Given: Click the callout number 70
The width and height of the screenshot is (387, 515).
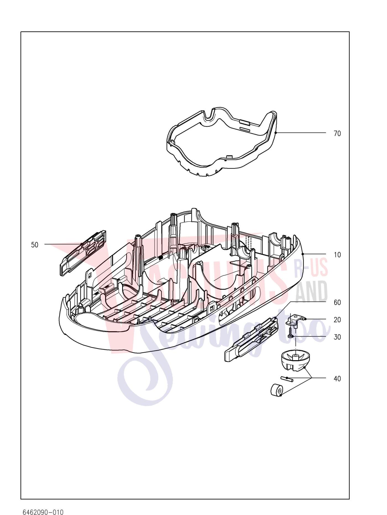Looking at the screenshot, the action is tap(337, 134).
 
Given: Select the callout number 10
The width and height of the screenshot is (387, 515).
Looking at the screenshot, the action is tap(337, 255).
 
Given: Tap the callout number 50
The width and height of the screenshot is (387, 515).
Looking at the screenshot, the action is tap(35, 245).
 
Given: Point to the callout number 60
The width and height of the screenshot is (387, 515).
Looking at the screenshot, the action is tap(337, 302).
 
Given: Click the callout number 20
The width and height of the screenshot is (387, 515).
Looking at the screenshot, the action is tap(337, 320).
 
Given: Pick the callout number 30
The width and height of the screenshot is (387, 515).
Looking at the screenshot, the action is tap(337, 337).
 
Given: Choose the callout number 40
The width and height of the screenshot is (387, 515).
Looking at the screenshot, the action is tap(337, 379).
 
